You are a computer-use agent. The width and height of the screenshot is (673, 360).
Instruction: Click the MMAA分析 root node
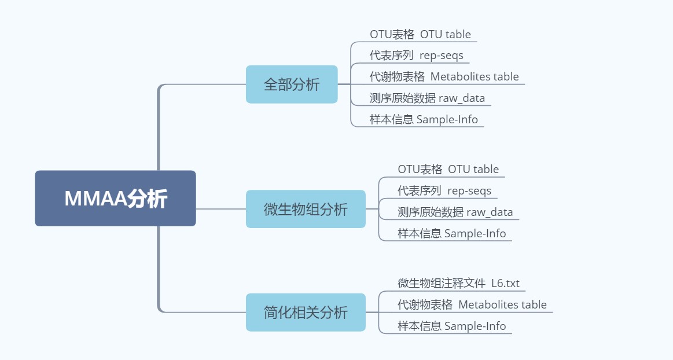coord(115,198)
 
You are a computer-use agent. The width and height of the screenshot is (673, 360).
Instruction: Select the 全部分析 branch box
coord(292,85)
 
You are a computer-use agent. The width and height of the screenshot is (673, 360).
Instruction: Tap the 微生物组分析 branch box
coord(306,209)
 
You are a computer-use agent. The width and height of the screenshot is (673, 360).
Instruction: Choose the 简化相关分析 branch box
coord(306,313)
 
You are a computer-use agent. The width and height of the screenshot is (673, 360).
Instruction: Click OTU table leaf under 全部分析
coord(420,34)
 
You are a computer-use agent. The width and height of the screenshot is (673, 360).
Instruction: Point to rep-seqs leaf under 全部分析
coord(416,56)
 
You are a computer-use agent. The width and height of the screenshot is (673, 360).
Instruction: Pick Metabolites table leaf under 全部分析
coord(444,77)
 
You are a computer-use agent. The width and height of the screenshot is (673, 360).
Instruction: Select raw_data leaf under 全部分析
coord(427,98)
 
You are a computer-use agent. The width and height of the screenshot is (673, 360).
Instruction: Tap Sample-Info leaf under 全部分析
coord(424,120)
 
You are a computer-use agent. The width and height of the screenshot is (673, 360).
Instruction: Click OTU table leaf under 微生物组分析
coord(448,170)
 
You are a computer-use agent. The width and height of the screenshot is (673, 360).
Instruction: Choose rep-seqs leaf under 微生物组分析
coord(444,191)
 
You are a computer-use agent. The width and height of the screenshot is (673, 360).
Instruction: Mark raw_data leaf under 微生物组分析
coord(455,212)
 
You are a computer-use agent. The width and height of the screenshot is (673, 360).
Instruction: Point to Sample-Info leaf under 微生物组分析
coord(451,234)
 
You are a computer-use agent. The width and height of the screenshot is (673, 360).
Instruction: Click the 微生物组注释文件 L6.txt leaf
coord(458,284)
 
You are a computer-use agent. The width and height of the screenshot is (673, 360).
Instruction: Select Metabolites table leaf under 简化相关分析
coord(472,305)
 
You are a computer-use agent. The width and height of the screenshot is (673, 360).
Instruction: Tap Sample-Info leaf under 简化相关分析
coord(451,326)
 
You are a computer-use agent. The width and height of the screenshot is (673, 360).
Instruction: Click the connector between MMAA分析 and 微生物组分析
coord(221,209)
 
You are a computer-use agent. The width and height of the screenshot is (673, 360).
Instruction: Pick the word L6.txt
coord(505,284)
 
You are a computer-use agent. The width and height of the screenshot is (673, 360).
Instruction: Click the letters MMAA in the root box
coord(95,199)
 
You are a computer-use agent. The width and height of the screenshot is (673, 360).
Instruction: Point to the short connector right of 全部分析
coord(344,85)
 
